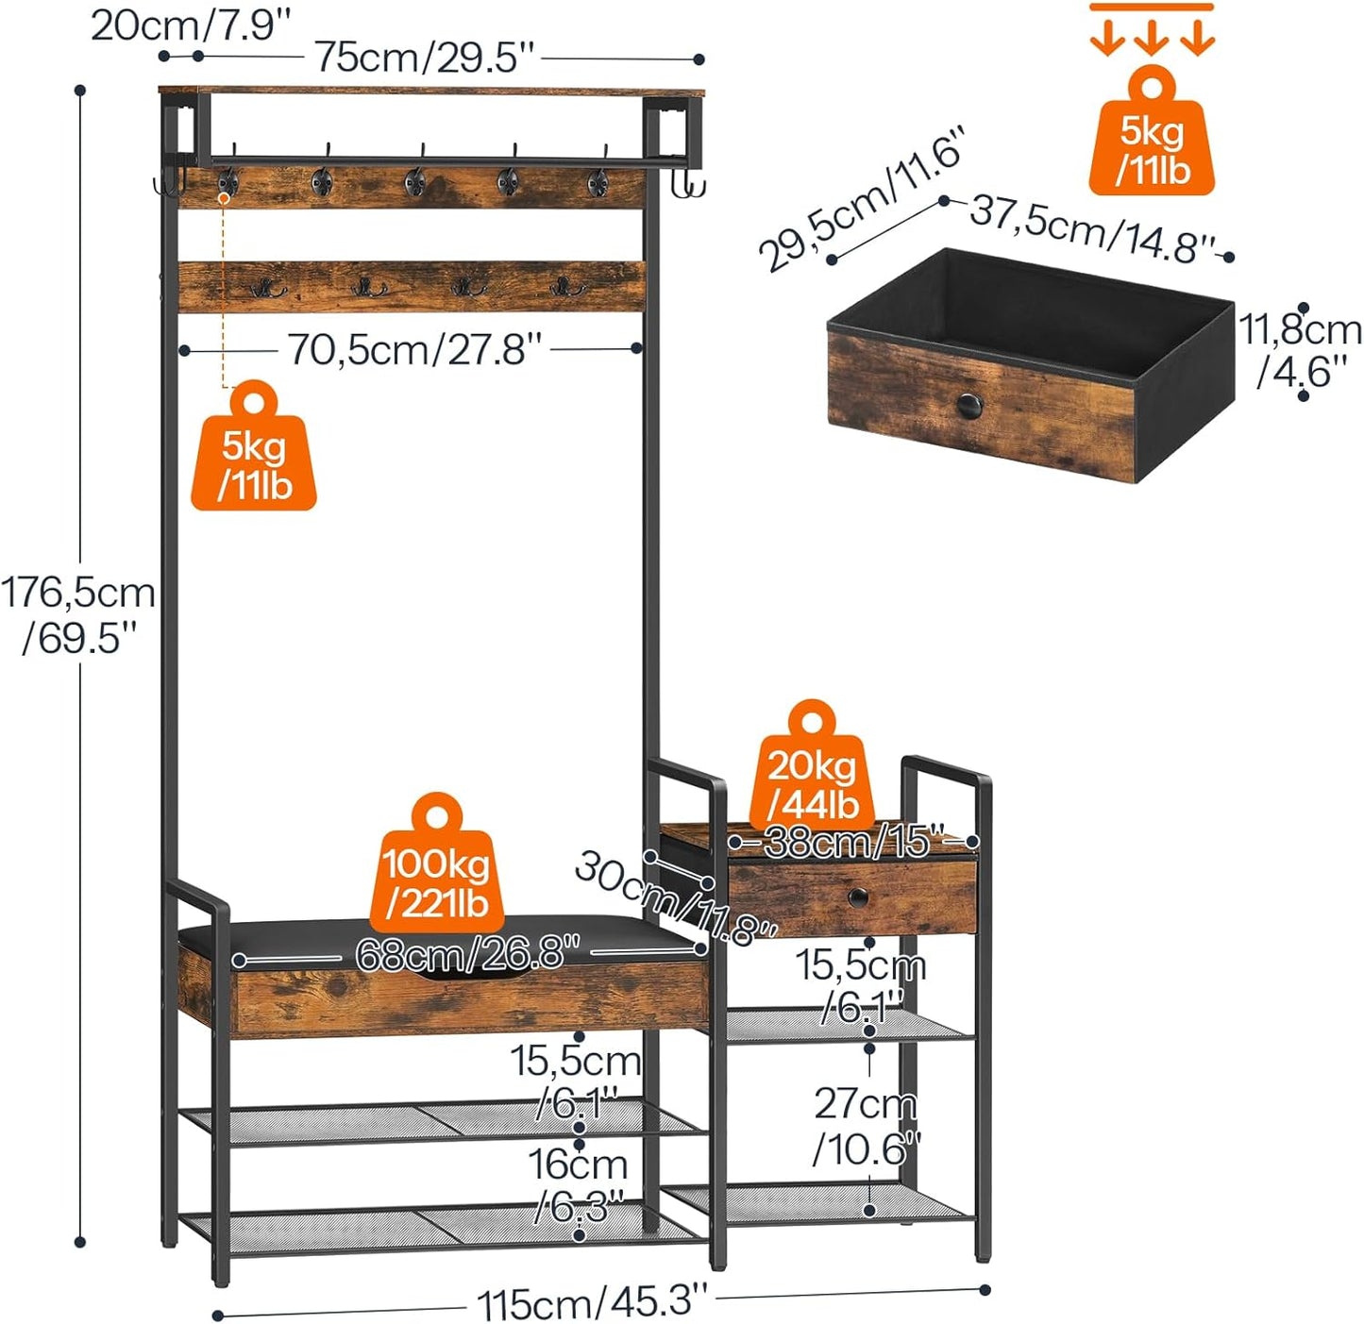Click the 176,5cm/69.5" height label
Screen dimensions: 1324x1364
[x=79, y=614]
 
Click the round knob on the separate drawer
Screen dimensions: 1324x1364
[x=969, y=407]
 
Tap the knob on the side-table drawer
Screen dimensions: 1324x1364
[x=857, y=897]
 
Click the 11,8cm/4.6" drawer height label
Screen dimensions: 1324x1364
[x=1301, y=350]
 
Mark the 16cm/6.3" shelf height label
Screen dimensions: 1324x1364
[x=578, y=1184]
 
